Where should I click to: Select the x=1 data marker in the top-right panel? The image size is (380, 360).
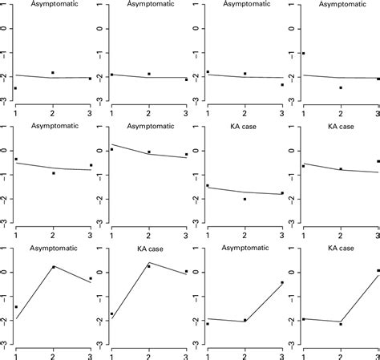(x=304, y=53)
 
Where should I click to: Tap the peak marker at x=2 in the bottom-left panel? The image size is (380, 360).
(x=53, y=267)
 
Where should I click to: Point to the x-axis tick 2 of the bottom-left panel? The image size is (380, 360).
(x=53, y=354)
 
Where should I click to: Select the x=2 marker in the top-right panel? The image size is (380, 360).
(x=341, y=87)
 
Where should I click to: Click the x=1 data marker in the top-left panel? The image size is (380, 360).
(x=16, y=88)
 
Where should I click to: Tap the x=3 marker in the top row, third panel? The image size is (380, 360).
(x=282, y=84)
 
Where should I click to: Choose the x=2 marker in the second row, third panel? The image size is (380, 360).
(x=245, y=199)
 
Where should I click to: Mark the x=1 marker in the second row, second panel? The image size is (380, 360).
(x=112, y=149)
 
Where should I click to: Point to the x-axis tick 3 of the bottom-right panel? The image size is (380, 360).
(x=378, y=354)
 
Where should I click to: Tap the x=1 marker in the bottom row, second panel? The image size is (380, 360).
(x=112, y=314)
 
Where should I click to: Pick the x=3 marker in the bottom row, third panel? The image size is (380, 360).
(x=282, y=282)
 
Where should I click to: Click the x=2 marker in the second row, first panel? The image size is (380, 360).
(x=53, y=173)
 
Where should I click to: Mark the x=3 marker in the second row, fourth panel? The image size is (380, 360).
(x=378, y=161)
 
